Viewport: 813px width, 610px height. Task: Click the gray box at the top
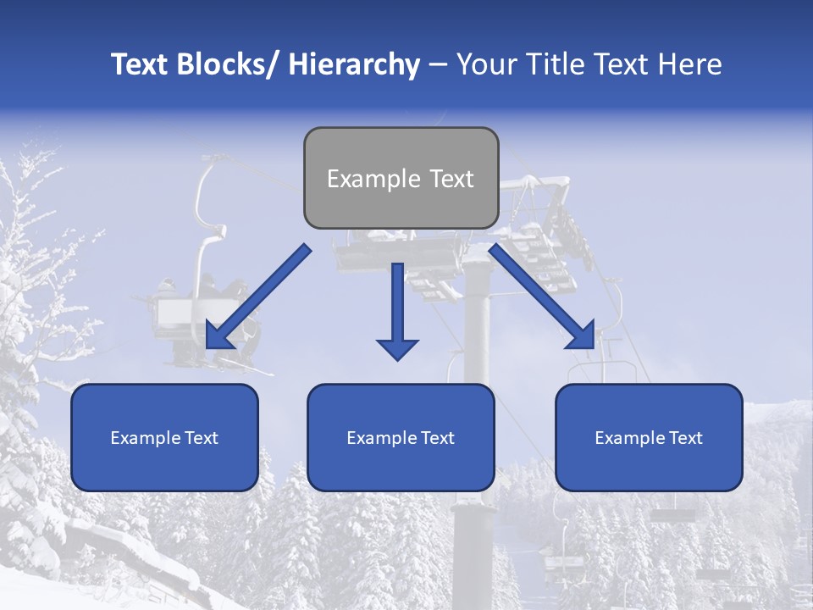click(401, 178)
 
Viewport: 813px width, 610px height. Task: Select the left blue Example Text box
click(164, 437)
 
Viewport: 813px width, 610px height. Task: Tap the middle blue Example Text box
click(401, 437)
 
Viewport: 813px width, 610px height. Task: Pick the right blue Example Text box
click(649, 437)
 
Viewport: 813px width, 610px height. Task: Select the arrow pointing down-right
click(542, 297)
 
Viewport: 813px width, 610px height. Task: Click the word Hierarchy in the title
click(353, 64)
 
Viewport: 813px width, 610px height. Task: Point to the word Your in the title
click(485, 64)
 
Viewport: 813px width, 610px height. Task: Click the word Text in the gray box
click(451, 179)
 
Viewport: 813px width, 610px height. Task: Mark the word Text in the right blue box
click(686, 438)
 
